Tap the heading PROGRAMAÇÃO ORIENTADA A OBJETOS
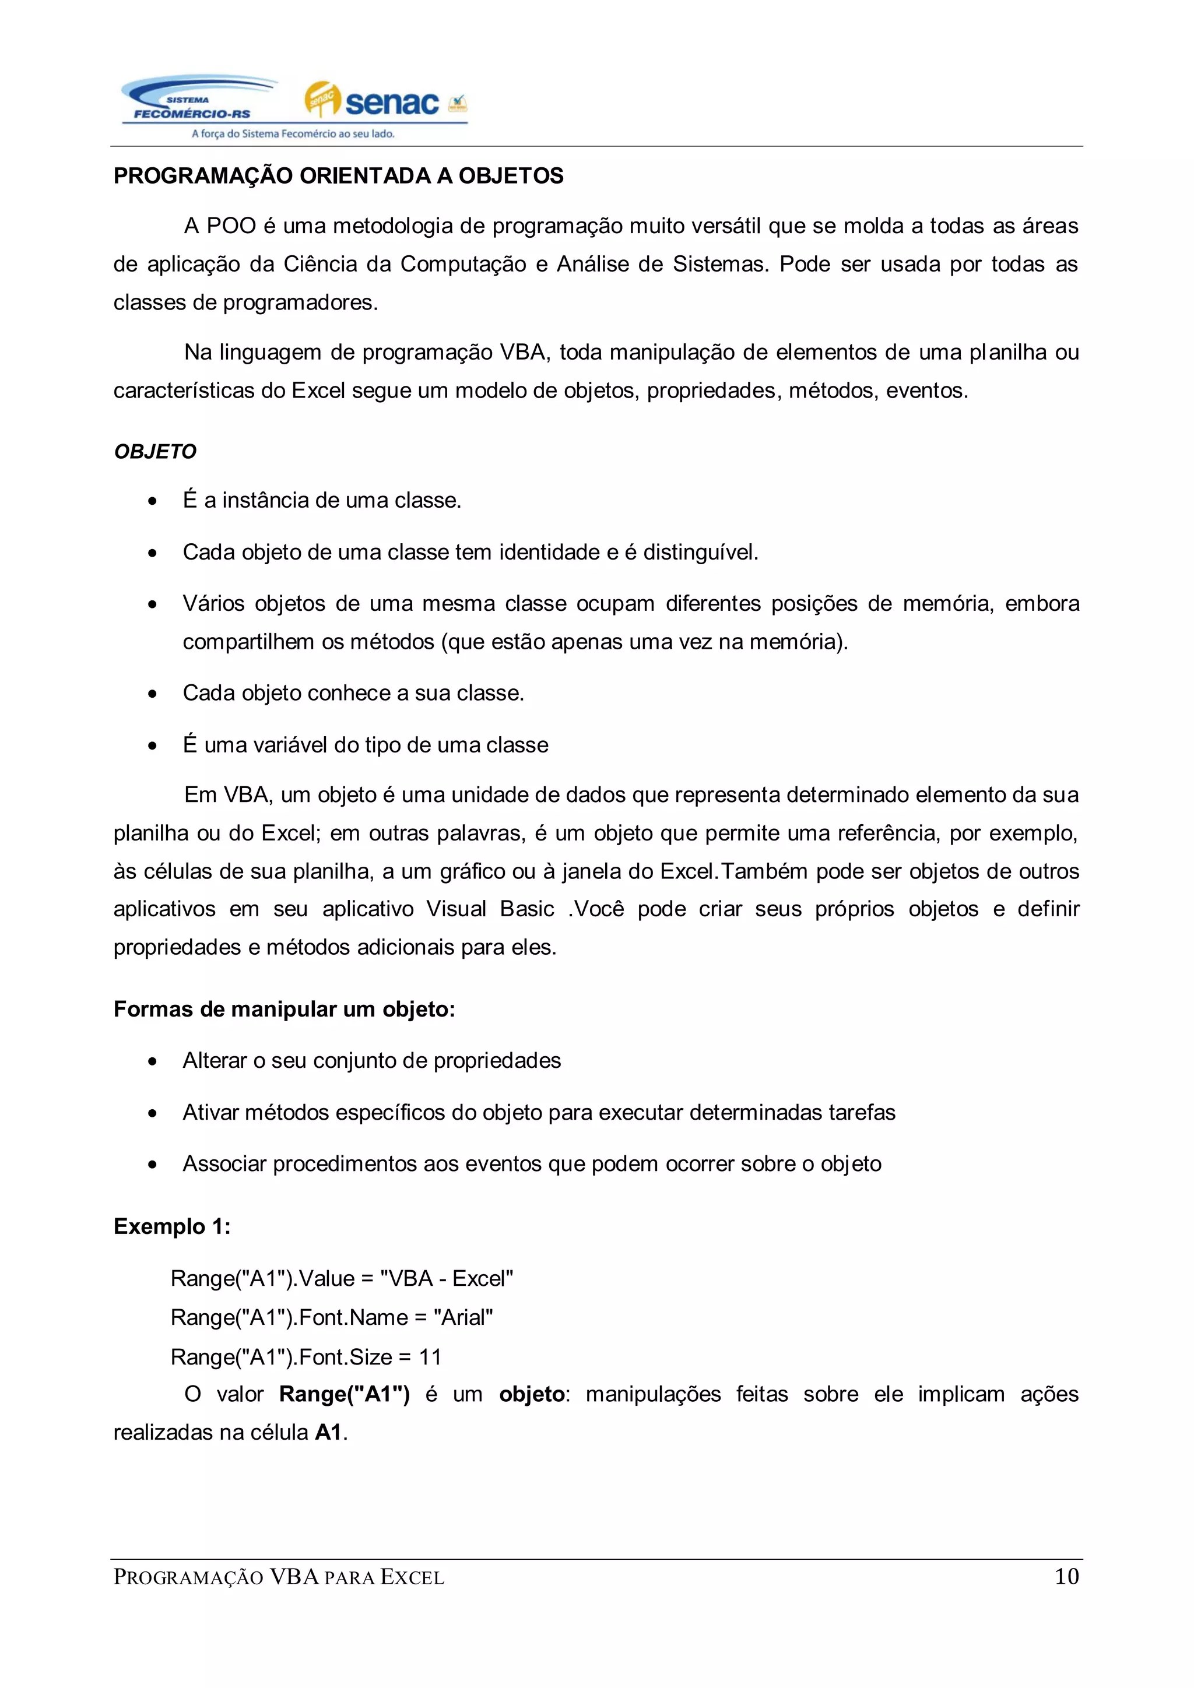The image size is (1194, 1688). (x=338, y=175)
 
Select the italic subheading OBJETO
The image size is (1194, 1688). (x=155, y=451)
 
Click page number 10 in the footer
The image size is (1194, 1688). (x=1066, y=1576)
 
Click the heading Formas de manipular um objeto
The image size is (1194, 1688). (x=284, y=1010)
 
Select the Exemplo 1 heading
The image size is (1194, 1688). (x=171, y=1226)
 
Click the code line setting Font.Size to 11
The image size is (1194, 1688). (x=306, y=1356)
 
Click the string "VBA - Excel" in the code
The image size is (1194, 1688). (x=446, y=1278)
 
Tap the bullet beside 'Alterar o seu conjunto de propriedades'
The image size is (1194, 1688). (x=152, y=1061)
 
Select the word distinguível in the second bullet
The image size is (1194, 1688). (x=700, y=552)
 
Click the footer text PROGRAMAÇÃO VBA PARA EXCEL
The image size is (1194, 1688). (x=279, y=1578)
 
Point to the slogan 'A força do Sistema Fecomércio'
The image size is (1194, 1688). (x=293, y=134)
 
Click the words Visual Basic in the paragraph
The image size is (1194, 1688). (x=490, y=909)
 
